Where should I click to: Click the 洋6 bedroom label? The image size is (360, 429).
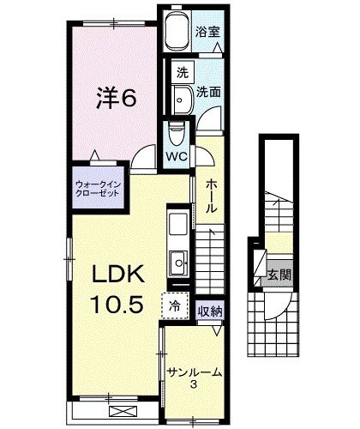tap(116, 98)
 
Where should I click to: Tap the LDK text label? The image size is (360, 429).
tap(117, 275)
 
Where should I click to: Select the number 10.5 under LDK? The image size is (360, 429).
tap(117, 304)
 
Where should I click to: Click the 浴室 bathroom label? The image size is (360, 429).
tap(207, 32)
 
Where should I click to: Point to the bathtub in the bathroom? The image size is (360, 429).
tap(177, 31)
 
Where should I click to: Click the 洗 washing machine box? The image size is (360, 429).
tap(183, 72)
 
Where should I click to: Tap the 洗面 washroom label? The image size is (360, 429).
tap(208, 92)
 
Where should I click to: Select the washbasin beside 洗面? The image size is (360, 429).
tap(183, 100)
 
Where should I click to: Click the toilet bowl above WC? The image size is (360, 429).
tap(177, 134)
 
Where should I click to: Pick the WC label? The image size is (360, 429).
tap(177, 156)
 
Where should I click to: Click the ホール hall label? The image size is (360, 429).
tap(211, 196)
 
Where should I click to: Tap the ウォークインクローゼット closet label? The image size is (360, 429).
tap(98, 189)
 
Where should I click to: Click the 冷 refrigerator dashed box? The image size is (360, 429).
tap(175, 305)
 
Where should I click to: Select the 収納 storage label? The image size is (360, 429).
tap(210, 311)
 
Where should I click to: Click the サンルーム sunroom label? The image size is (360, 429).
tap(195, 372)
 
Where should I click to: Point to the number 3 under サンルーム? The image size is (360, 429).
tap(194, 385)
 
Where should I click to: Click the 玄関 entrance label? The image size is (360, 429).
tap(279, 275)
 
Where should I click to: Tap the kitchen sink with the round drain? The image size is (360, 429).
tap(179, 263)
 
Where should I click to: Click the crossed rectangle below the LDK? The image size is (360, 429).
tap(123, 413)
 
